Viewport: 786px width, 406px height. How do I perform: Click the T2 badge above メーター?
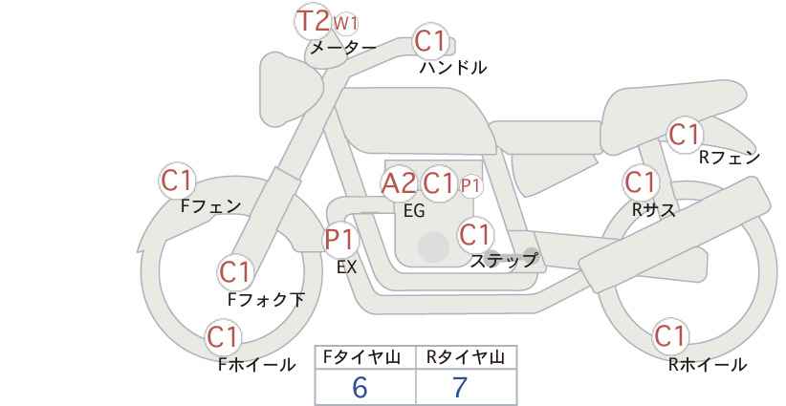(313, 20)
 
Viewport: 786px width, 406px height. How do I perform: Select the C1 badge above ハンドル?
(430, 42)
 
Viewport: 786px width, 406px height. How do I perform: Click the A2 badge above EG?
(399, 183)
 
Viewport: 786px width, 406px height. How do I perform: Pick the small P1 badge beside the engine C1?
(470, 184)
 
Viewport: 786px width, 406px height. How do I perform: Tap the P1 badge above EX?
(339, 239)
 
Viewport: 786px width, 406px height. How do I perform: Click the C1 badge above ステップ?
(474, 234)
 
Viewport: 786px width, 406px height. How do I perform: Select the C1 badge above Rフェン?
(685, 135)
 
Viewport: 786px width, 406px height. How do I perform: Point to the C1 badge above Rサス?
(640, 182)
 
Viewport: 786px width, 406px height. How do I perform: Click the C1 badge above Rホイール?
(670, 336)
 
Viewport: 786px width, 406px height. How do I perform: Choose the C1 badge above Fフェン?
(177, 180)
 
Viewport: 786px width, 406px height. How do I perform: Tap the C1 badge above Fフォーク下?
(234, 272)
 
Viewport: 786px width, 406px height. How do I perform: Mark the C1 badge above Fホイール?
(224, 336)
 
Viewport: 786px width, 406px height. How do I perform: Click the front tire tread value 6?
(360, 388)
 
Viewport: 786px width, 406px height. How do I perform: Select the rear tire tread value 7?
(460, 388)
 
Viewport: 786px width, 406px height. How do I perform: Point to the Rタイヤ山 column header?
(466, 358)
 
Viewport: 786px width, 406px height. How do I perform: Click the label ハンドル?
(453, 68)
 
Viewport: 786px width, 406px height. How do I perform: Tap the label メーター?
(342, 48)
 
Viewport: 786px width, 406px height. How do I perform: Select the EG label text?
(413, 211)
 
